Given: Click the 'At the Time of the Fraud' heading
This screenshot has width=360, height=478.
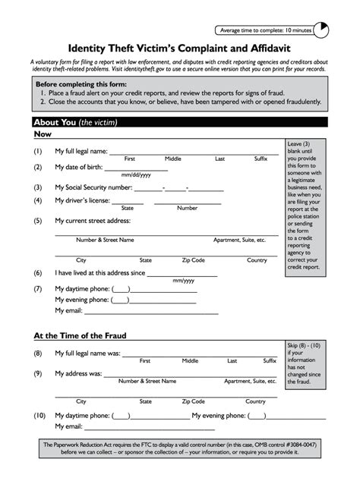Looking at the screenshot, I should pos(80,335).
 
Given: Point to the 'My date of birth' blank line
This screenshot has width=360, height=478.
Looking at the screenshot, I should pos(136,168).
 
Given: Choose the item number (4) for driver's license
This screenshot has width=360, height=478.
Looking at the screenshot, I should pos(37,201).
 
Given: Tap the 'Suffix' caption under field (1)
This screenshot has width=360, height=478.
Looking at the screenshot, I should pos(261,159).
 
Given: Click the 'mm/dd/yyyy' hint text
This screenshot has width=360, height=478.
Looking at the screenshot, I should pos(136,175).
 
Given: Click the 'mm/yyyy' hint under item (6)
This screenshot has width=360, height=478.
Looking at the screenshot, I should pos(183,281).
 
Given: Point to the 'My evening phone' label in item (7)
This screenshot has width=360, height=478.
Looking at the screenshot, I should pos(83,299).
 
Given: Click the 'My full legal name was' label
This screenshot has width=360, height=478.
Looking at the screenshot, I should pos(87,354).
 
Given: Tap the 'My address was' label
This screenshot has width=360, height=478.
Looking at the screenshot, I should pos(78,373).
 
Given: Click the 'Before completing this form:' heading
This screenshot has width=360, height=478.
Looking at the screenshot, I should pos(81,84).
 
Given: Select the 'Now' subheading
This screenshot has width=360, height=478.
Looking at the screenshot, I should pos(43,134).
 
